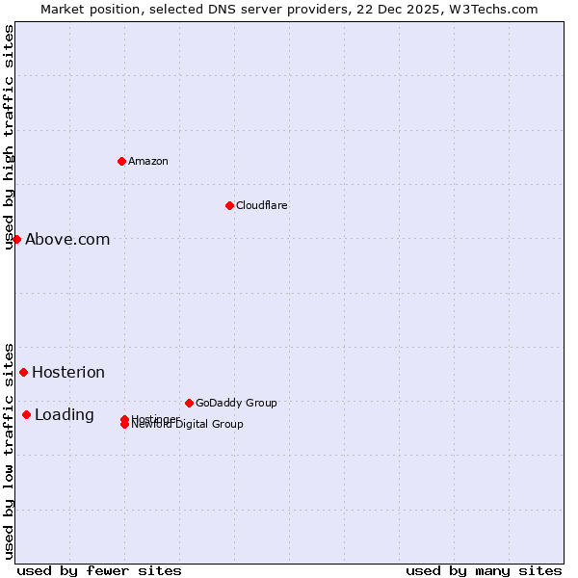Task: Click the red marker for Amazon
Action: pos(121,161)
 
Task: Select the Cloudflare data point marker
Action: pos(229,205)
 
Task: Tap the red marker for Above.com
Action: pos(16,239)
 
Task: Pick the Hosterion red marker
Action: pos(23,372)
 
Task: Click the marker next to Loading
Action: pos(26,414)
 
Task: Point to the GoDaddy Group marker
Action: pos(189,403)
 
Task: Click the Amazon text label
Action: pos(147,161)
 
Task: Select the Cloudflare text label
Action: pos(261,205)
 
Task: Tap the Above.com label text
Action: pos(67,240)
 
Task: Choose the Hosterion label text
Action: pos(68,373)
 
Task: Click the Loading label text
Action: pos(65,415)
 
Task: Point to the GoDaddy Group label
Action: pos(236,403)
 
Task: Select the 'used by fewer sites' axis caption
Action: pos(99,570)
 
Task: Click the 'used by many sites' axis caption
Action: pos(484,570)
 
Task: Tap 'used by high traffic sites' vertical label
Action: pos(9,137)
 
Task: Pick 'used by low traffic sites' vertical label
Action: pos(9,450)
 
